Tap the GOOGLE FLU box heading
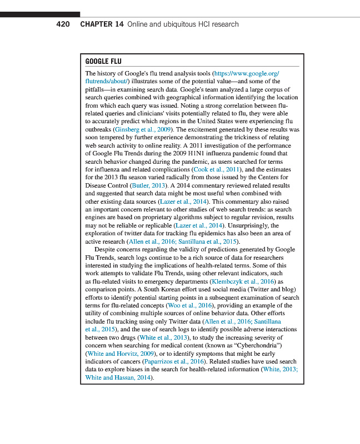click(103, 61)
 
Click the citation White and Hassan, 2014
click(118, 377)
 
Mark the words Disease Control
click(106, 185)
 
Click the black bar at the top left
click(40, 14)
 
